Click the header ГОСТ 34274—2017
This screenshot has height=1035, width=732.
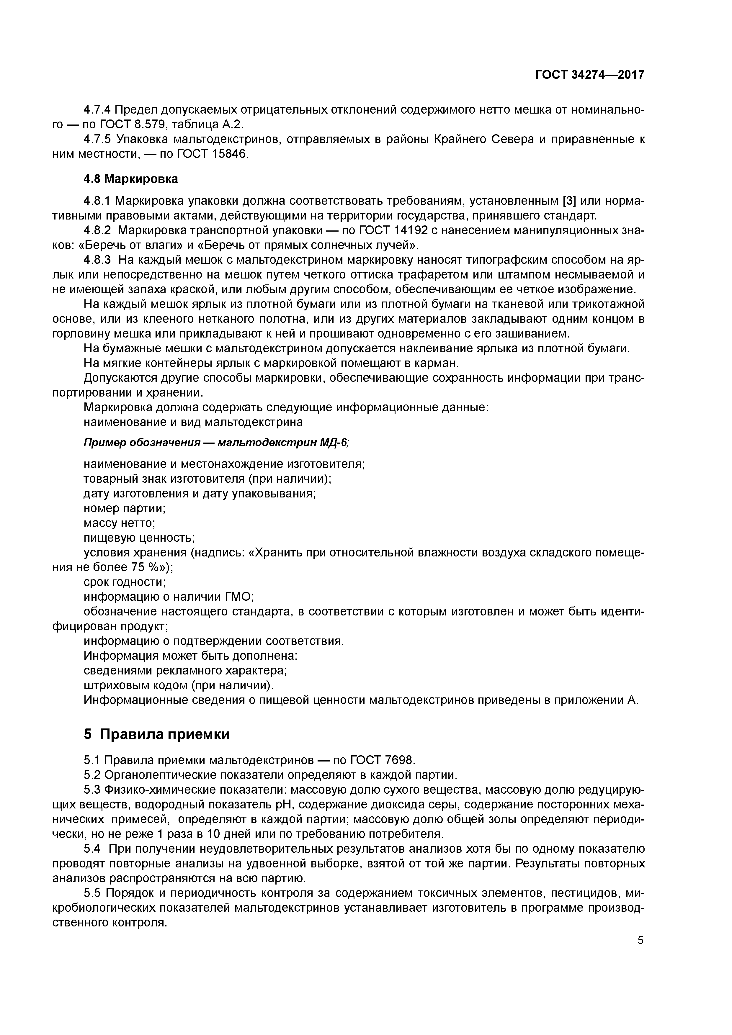click(x=589, y=75)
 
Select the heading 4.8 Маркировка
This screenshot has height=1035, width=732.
click(x=130, y=179)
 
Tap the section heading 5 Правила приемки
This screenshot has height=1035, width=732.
click(x=156, y=734)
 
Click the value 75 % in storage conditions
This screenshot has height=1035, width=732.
click(x=146, y=567)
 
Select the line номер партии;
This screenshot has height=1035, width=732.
click(x=125, y=508)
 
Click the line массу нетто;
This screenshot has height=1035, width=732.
click(x=120, y=523)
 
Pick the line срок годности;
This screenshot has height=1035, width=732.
click(x=125, y=582)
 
